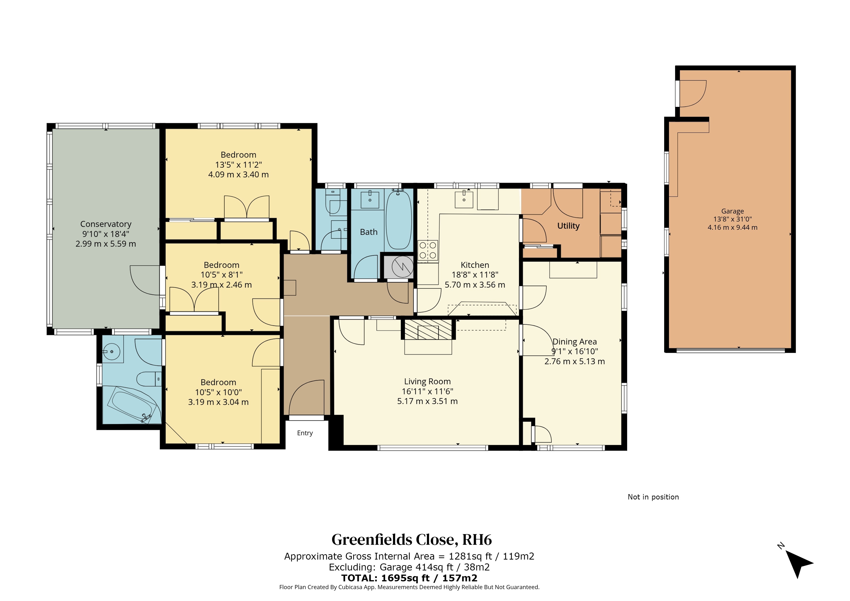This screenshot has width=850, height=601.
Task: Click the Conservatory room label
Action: [106, 224]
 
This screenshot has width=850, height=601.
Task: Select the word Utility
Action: [568, 226]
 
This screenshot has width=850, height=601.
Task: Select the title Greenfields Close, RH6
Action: [412, 540]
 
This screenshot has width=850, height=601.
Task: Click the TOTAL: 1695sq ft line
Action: [409, 578]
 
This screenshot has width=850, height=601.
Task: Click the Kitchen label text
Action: [475, 265]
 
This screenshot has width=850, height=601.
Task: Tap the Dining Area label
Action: [575, 342]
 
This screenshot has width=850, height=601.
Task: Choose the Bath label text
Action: [369, 232]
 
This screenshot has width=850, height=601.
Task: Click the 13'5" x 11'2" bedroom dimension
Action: [238, 165]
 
